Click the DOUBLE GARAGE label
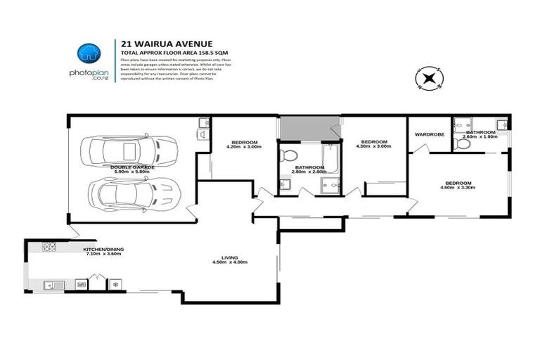coord(132,167)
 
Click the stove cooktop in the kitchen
coord(49,247)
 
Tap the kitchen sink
coord(52,285)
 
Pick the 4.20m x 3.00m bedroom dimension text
coord(244,147)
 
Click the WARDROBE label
coord(428,134)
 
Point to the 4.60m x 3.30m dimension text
coord(458,188)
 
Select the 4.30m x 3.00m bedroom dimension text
coord(373,146)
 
